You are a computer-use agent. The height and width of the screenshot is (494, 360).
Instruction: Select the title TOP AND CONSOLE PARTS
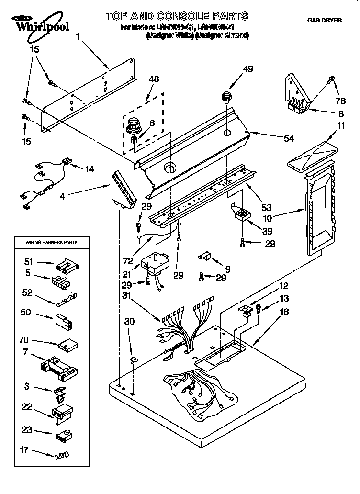177,16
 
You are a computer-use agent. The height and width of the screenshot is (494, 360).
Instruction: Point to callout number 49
247,69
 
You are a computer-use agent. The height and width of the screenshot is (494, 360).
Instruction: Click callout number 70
23,340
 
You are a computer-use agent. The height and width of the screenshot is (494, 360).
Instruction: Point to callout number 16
284,312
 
